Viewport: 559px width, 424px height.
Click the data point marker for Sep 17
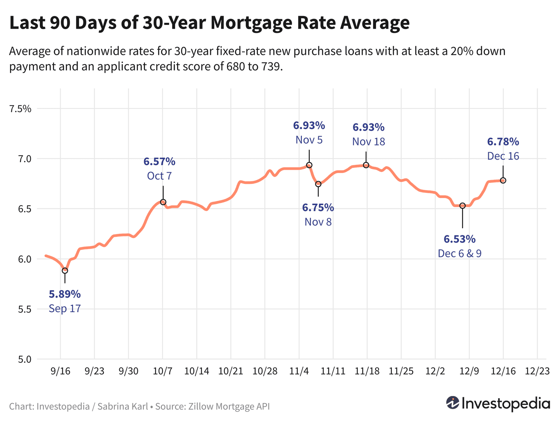click(x=65, y=270)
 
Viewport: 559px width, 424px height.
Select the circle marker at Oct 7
click(x=163, y=202)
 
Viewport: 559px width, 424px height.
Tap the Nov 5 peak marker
click(x=309, y=165)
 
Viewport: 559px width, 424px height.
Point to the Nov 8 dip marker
click(x=318, y=184)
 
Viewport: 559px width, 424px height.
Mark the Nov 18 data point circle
click(x=366, y=165)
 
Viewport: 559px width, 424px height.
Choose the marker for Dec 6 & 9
click(x=462, y=205)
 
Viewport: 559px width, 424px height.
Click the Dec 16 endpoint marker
click(x=503, y=180)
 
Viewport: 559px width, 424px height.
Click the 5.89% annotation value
click(x=65, y=294)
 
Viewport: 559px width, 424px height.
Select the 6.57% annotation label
click(x=160, y=161)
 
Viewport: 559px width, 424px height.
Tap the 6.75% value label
click(x=318, y=207)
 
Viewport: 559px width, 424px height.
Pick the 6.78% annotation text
click(x=503, y=142)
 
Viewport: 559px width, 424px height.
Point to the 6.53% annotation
click(x=459, y=239)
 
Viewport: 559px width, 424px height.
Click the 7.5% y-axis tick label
click(x=20, y=109)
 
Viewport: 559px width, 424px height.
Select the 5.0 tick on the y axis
click(x=23, y=359)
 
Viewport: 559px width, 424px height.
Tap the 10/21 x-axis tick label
click(x=231, y=371)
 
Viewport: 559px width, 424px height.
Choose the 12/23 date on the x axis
click(x=537, y=371)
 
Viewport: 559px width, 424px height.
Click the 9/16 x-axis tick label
click(x=60, y=371)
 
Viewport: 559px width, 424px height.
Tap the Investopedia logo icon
click(x=453, y=403)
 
